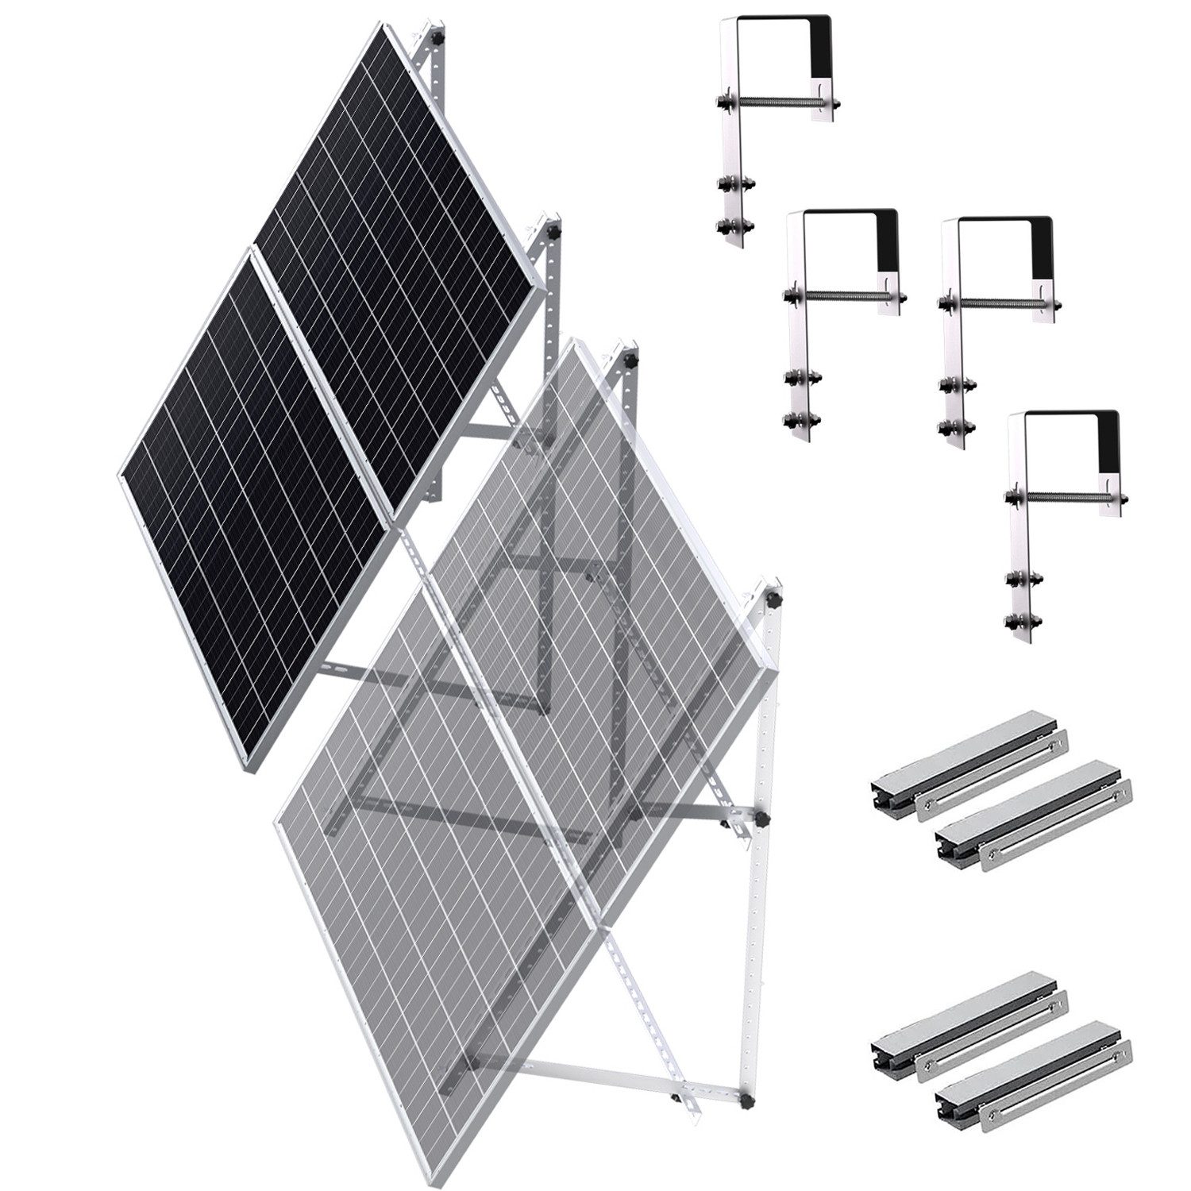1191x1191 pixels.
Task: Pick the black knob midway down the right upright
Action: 760,817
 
